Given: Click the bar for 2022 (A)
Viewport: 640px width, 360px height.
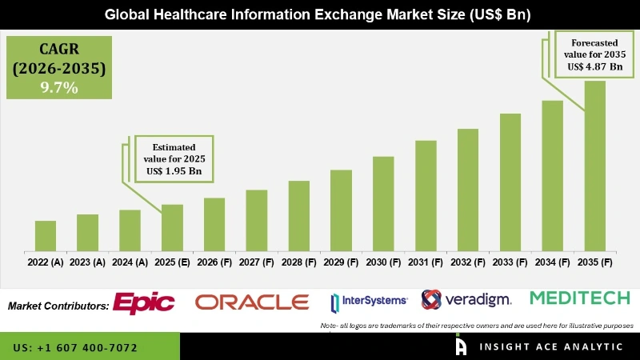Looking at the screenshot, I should point(46,236).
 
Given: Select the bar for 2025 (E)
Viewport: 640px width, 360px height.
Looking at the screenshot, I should point(172,228).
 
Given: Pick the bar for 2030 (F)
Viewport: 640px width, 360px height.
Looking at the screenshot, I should point(383,204).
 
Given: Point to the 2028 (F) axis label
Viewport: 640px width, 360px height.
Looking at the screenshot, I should point(298,262).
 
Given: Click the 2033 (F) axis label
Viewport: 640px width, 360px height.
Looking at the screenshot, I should point(510,262).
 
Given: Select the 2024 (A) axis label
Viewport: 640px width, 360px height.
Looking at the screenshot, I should point(130,262).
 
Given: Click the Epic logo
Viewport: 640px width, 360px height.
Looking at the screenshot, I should point(144,302).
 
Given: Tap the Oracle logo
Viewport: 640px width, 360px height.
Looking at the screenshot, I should point(252,302).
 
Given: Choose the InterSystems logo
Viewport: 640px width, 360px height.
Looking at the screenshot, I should point(369,302).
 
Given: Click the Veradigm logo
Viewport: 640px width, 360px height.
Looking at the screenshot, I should point(466,300).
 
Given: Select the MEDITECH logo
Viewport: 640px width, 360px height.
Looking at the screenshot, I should point(581,298).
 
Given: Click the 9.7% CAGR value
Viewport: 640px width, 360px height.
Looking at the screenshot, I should point(59,88).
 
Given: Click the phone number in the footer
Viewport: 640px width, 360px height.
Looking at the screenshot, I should point(75,348).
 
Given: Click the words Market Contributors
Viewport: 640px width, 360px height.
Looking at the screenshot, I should point(58,306).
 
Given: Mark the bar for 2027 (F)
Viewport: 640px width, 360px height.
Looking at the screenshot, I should point(256,220).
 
